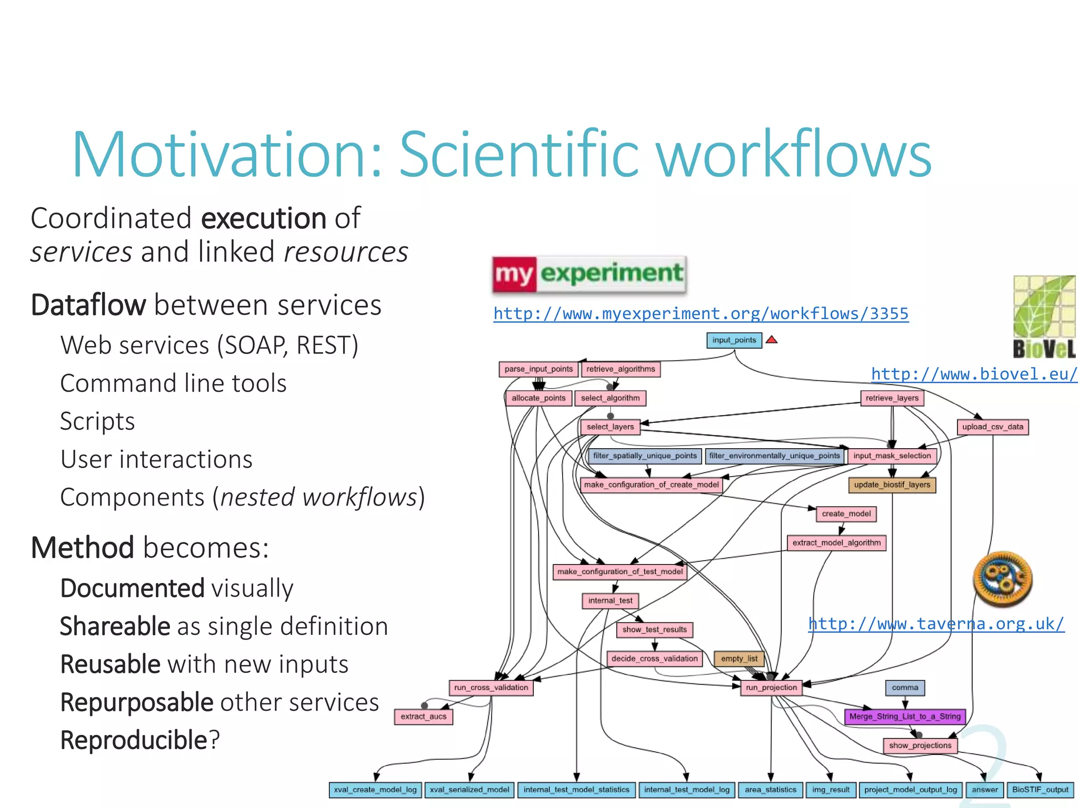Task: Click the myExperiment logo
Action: point(589,274)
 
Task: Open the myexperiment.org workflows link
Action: point(701,314)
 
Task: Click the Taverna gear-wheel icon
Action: point(1003,579)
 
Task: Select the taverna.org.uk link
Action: point(936,624)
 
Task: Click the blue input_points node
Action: point(734,340)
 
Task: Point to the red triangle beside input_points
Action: point(772,340)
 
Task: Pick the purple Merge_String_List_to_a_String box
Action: point(904,716)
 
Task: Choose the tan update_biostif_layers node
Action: point(892,485)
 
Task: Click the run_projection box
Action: point(771,688)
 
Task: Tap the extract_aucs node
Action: point(423,716)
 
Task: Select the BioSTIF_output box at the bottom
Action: point(1040,790)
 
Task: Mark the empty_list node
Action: point(739,659)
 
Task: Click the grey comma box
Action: point(905,688)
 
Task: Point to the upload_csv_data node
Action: point(993,427)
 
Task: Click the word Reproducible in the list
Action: point(134,740)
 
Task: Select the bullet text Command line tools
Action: point(173,383)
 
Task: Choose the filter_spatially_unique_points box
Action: point(644,456)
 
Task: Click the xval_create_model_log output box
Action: point(375,790)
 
